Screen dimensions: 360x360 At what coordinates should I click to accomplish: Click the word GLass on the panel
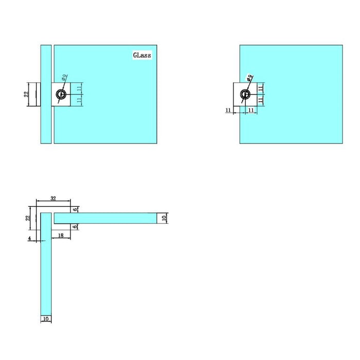pos(142,55)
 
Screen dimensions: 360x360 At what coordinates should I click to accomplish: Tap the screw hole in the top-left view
pos(61,94)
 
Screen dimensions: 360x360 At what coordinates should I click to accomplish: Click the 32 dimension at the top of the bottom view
pos(53,197)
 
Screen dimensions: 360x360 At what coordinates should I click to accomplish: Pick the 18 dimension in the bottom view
pos(61,235)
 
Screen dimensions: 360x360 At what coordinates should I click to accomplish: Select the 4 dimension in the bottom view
pos(30,238)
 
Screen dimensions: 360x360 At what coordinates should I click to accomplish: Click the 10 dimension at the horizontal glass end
pos(164,218)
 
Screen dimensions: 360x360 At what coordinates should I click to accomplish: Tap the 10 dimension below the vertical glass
pos(45,319)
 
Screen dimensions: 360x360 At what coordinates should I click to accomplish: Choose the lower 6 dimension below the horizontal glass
pos(75,226)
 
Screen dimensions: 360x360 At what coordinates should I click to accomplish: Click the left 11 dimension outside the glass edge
pos(228,110)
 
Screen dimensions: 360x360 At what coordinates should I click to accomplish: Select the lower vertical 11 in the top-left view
pos(79,100)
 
